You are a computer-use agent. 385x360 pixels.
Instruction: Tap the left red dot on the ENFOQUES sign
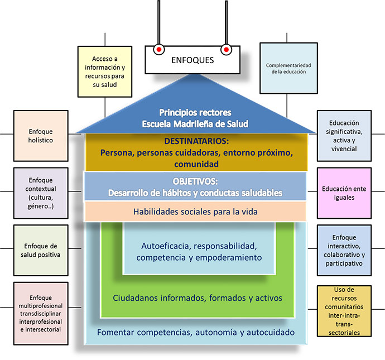[x=158, y=49]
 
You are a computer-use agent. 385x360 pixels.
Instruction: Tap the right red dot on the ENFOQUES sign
[x=226, y=49]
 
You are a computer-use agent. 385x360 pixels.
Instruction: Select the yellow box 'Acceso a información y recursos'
[x=104, y=71]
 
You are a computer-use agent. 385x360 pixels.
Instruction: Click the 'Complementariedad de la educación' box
[x=288, y=69]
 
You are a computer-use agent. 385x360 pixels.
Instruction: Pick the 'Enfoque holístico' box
[x=41, y=136]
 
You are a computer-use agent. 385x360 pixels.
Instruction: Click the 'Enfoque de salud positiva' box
[x=41, y=249]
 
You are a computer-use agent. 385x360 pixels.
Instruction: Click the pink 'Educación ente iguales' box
[x=344, y=193]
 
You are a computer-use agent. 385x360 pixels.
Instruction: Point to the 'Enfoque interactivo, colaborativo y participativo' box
[x=344, y=250]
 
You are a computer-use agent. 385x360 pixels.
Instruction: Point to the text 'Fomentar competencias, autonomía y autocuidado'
[x=196, y=333]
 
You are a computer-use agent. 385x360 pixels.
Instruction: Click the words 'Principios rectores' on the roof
[x=195, y=112]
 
